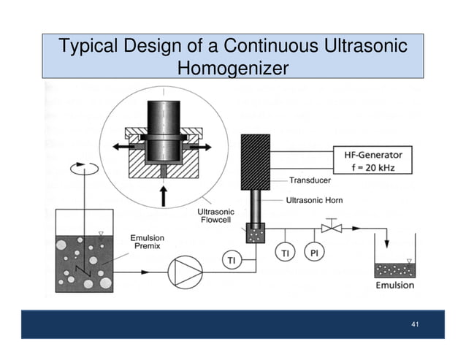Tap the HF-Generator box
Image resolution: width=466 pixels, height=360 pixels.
pos(372,160)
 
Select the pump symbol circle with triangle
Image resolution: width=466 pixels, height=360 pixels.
pos(183,271)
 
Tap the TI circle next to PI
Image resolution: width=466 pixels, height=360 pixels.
pos(285,252)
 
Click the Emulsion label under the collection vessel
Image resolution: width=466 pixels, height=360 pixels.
pos(394,286)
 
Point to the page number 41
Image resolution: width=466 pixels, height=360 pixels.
pos(415,323)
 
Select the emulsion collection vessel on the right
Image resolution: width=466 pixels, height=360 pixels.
pos(394,259)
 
